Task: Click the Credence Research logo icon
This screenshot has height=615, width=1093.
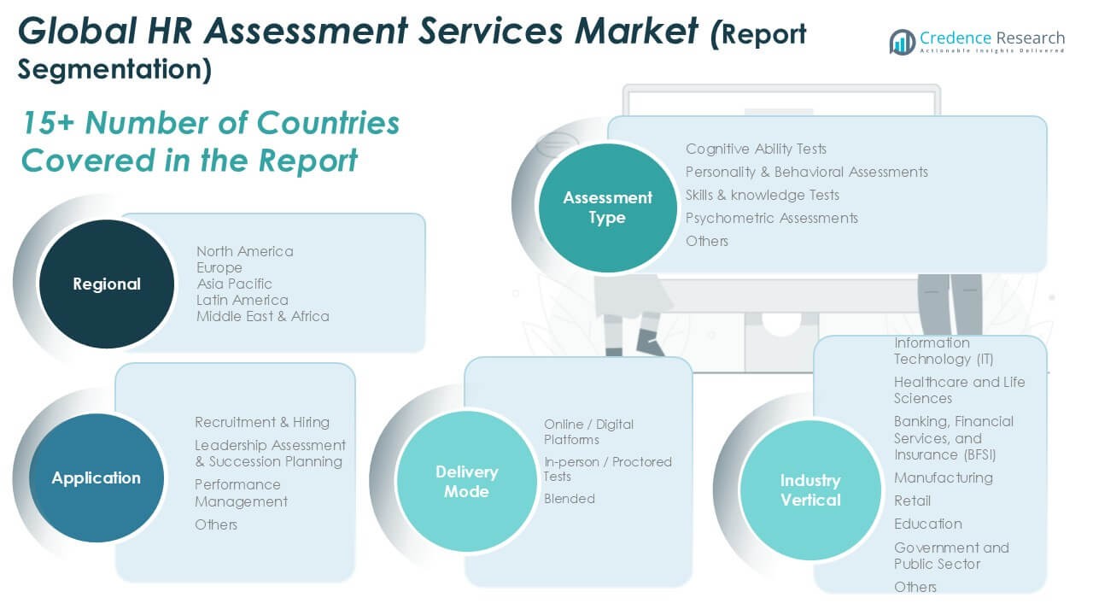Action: (902, 42)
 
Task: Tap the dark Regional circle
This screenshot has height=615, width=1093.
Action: (106, 284)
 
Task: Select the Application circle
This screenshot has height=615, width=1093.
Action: (96, 478)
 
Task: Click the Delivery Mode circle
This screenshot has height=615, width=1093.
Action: (466, 482)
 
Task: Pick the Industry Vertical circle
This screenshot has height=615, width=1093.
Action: (810, 490)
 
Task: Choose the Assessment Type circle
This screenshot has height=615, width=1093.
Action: (607, 208)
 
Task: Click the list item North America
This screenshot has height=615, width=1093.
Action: (245, 251)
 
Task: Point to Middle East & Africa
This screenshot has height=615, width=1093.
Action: (263, 316)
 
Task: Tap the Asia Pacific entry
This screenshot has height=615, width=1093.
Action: (235, 284)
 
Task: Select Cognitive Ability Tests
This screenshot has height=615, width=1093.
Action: (756, 149)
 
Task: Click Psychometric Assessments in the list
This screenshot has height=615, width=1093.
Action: (771, 218)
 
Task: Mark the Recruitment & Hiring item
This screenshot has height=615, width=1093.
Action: (262, 422)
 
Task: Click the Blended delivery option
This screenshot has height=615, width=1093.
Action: (570, 499)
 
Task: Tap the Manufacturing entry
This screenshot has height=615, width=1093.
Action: (943, 477)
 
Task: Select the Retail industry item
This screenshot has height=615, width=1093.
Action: (912, 501)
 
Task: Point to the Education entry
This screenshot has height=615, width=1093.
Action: (927, 524)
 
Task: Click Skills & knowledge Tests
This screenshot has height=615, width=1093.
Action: (763, 195)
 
